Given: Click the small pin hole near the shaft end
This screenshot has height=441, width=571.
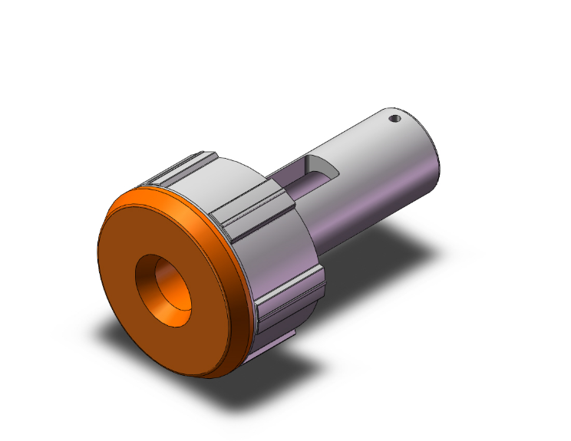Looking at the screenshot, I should pos(394,120).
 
